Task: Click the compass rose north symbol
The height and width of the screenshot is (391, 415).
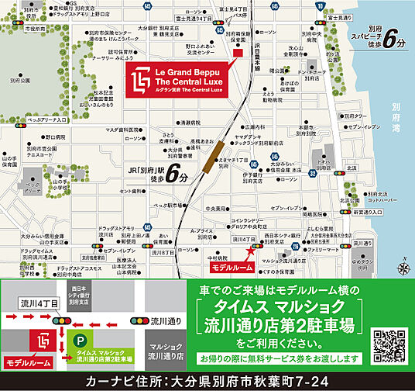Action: [403, 268]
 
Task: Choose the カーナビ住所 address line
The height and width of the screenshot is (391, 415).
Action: [207, 382]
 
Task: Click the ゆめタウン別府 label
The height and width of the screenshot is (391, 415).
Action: [386, 253]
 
